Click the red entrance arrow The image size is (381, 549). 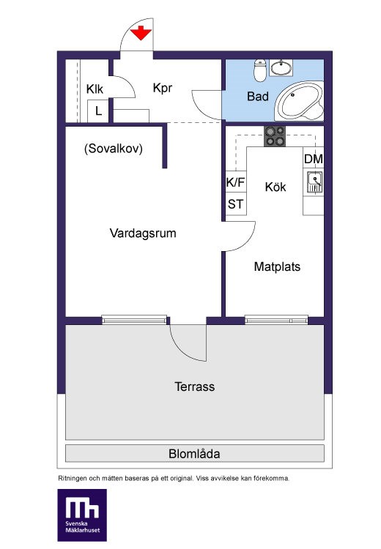[x=141, y=33]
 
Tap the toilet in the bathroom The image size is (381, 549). [x=260, y=70]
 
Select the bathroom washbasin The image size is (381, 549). [x=281, y=67]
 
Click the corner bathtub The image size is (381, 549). [x=299, y=101]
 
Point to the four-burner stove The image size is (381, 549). [x=275, y=136]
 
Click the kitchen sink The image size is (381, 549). [x=314, y=182]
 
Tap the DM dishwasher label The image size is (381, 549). [x=314, y=159]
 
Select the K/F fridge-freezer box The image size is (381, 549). [x=236, y=182]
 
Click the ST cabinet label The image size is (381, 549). [x=235, y=204]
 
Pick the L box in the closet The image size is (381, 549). [x=98, y=111]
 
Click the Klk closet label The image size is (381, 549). [x=95, y=89]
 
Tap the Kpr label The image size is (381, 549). [x=163, y=88]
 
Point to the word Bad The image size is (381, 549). [x=258, y=97]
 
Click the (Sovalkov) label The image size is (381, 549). [x=114, y=149]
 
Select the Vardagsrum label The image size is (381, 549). [x=143, y=234]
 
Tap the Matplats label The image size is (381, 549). [x=277, y=266]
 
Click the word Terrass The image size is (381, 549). [x=195, y=386]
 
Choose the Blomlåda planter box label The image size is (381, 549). [x=194, y=454]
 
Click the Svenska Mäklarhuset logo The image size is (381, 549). [x=82, y=515]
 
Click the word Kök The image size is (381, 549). [x=275, y=187]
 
